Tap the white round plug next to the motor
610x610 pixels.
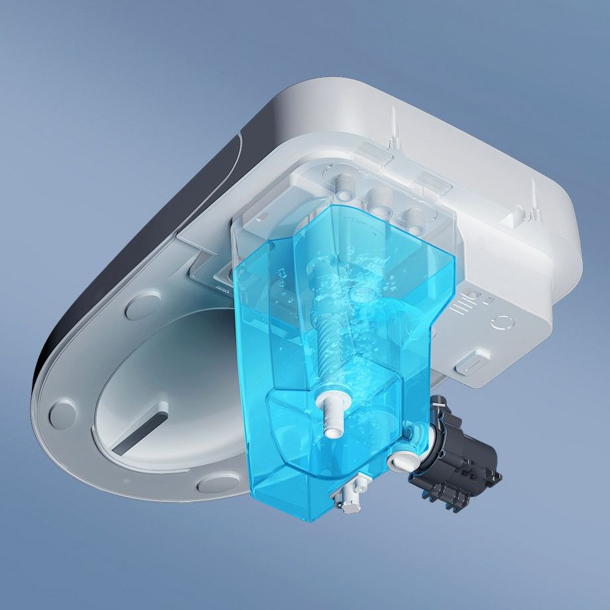[404, 460]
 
